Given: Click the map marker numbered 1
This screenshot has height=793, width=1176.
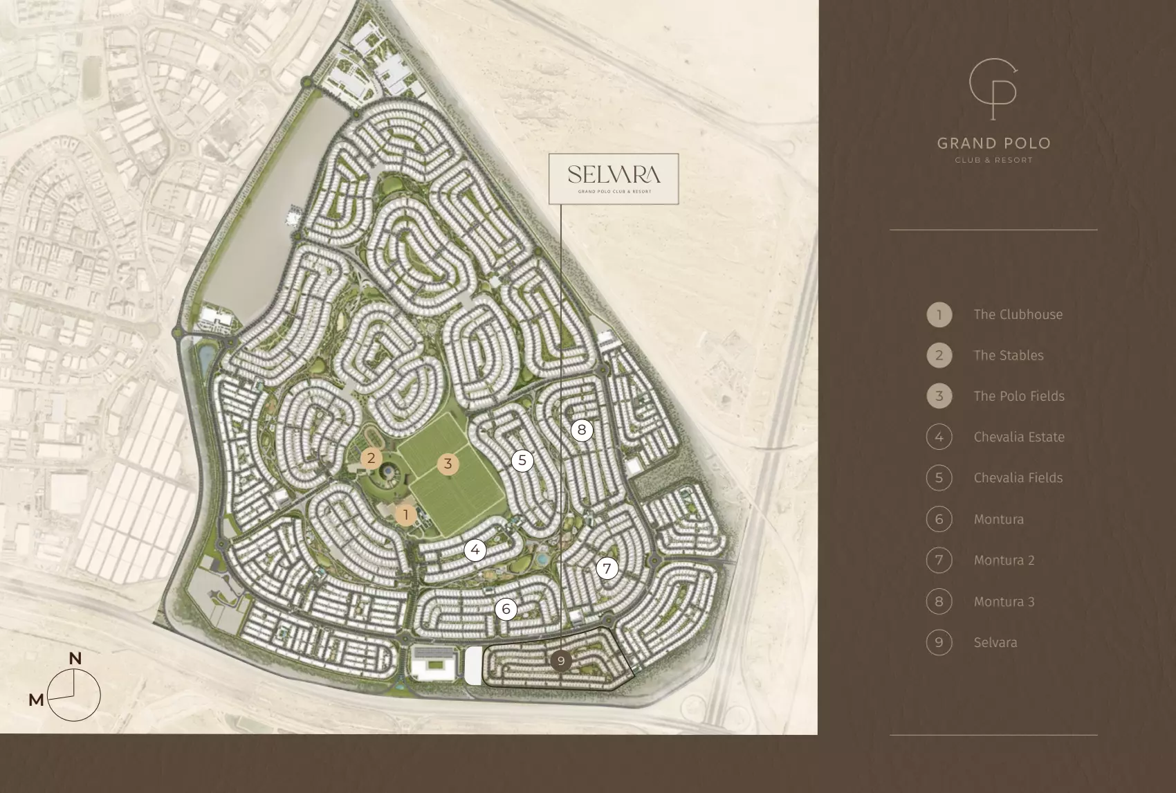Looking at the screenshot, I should (406, 515).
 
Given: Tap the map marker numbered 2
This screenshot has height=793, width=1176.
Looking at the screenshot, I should (371, 458).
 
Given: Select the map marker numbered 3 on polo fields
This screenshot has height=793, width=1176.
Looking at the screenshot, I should (448, 464).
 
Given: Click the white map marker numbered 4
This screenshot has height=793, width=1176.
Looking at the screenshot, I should (475, 550).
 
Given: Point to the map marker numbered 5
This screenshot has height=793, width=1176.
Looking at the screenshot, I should (522, 460).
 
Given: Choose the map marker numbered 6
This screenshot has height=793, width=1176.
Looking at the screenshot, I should (506, 609).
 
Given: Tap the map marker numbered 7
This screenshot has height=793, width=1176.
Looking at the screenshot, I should (607, 569).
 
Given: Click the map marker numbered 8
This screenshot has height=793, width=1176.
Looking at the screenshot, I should (582, 430).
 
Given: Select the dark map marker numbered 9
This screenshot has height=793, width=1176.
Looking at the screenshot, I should (561, 661).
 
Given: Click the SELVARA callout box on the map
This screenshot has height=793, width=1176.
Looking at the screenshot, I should (614, 179).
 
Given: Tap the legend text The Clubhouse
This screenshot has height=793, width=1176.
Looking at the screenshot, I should (1018, 314).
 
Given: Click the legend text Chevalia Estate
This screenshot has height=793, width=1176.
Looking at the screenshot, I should (1019, 437).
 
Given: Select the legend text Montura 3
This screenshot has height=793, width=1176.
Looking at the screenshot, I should (1004, 601).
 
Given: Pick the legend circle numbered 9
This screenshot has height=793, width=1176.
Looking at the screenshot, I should (939, 642).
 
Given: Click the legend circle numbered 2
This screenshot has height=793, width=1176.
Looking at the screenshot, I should (939, 355).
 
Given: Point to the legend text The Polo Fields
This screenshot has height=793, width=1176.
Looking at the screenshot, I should (1019, 396).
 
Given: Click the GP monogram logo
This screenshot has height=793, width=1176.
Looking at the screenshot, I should (993, 89).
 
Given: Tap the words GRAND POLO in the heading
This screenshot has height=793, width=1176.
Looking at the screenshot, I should (993, 143).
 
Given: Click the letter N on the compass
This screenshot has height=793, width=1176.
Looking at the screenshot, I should (75, 659).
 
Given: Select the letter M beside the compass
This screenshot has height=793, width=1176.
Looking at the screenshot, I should (37, 700).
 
